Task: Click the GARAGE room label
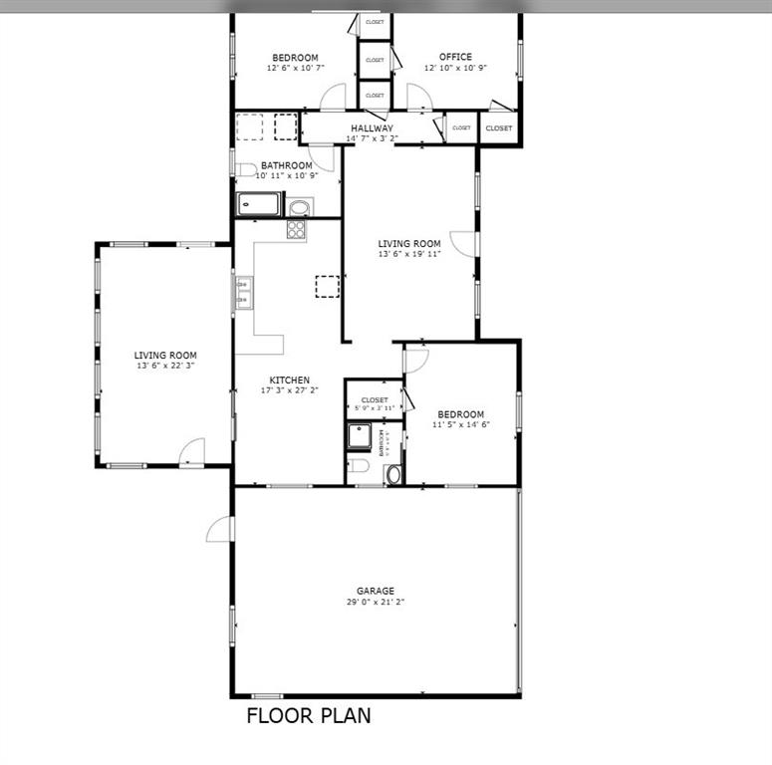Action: tap(376, 591)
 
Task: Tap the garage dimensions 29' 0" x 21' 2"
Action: tap(376, 603)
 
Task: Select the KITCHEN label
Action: tap(289, 380)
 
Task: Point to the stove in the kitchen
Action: tap(296, 229)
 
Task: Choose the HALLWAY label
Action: tap(371, 128)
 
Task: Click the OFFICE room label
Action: tap(455, 57)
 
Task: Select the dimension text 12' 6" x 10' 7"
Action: tap(295, 69)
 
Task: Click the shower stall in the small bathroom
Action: tap(359, 436)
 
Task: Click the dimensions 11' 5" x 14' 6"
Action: tap(459, 425)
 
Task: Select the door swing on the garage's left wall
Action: tap(219, 530)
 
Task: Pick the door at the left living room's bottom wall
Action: tap(190, 453)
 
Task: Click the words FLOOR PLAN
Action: tap(308, 715)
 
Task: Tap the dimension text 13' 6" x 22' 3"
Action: tap(165, 367)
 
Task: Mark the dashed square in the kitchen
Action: tap(327, 286)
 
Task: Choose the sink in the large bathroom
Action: tap(299, 207)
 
